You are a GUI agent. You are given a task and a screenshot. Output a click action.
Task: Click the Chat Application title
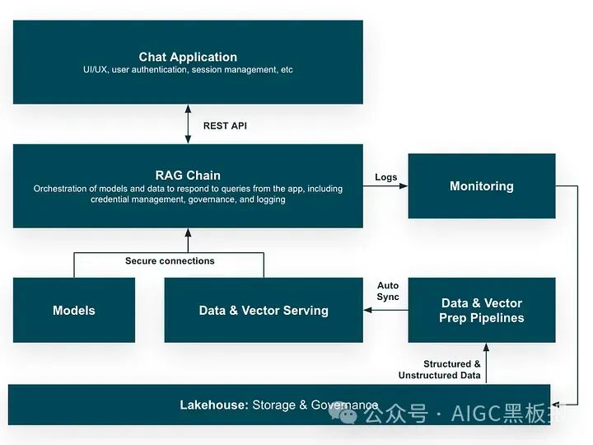(x=188, y=57)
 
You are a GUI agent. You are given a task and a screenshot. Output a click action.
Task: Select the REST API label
(x=225, y=126)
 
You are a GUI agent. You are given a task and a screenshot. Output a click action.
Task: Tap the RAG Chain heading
(x=188, y=175)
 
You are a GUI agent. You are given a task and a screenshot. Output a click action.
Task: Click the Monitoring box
(x=481, y=186)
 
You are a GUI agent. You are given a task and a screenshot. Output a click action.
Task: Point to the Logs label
(x=385, y=177)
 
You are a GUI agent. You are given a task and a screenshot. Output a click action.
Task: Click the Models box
(x=74, y=311)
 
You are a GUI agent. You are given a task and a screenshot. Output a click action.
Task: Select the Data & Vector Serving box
(x=264, y=311)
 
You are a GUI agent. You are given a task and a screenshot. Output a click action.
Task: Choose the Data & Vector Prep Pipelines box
(x=481, y=310)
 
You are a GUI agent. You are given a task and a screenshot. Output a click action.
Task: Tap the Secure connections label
(x=170, y=261)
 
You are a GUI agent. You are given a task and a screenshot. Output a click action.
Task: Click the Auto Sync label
(x=388, y=291)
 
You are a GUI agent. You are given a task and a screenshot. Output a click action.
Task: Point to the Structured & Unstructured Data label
(x=440, y=369)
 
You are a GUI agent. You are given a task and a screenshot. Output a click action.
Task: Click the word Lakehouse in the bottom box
(x=213, y=405)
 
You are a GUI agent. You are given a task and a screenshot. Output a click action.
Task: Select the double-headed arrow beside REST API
(x=188, y=124)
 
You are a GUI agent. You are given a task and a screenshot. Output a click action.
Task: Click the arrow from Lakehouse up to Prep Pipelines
(x=487, y=363)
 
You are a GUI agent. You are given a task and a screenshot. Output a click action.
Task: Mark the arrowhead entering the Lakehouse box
(x=562, y=403)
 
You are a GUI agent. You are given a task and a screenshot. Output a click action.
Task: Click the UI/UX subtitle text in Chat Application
(x=188, y=70)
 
